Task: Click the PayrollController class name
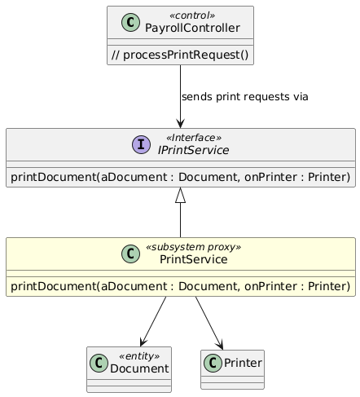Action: click(x=192, y=28)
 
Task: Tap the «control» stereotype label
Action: click(x=192, y=15)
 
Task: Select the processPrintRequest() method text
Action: click(x=180, y=55)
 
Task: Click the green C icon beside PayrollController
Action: click(x=130, y=22)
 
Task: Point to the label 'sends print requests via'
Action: click(x=245, y=97)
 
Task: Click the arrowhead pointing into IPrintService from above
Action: click(x=180, y=124)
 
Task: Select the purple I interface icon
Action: click(x=141, y=144)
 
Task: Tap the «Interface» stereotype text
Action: click(x=194, y=138)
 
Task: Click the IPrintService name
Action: click(x=193, y=150)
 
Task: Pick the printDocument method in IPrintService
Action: click(x=181, y=177)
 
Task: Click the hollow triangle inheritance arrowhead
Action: click(x=180, y=195)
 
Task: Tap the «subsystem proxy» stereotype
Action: click(x=193, y=247)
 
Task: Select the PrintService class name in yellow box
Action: click(x=194, y=259)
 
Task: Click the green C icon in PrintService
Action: click(x=130, y=254)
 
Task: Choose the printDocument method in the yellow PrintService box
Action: click(x=181, y=286)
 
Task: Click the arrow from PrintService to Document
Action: click(x=153, y=321)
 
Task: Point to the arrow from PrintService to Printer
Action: click(x=209, y=323)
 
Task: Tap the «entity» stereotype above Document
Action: click(x=139, y=356)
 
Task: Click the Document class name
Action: click(x=139, y=368)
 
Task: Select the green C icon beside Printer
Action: click(x=213, y=363)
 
